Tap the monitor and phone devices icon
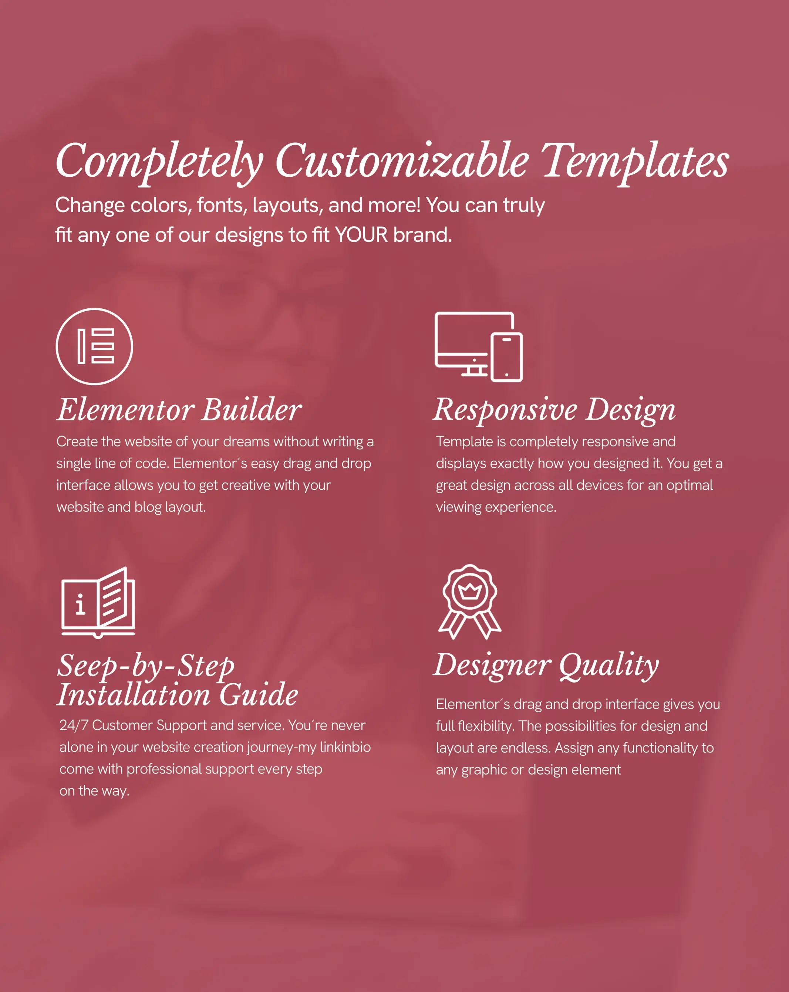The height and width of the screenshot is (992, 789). pos(479,346)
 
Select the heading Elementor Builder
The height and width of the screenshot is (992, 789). pos(179,410)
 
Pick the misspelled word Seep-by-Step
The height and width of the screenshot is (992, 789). pos(146,666)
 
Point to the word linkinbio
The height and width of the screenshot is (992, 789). pos(345,747)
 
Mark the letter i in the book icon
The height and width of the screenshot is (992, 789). pos(81,604)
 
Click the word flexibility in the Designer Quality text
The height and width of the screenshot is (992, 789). pos(486,727)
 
